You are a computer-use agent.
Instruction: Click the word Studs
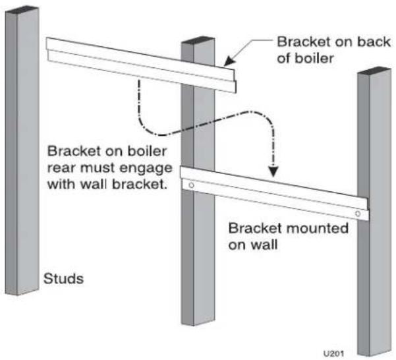[63, 279]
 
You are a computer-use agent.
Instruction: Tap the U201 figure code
[333, 353]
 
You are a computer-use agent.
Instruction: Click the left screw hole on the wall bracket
[192, 185]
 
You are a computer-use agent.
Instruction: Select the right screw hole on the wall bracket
[358, 214]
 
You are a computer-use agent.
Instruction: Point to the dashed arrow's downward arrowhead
[273, 171]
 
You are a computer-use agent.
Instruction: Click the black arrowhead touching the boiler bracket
[229, 61]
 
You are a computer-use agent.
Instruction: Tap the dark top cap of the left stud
[22, 10]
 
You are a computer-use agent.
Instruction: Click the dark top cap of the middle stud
[198, 41]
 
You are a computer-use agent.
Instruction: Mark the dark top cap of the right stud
[374, 71]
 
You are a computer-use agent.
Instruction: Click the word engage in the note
[146, 169]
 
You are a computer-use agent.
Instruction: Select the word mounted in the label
[318, 228]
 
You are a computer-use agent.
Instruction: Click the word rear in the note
[62, 169]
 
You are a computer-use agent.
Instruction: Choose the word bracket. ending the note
[140, 184]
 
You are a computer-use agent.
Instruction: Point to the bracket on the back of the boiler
[141, 65]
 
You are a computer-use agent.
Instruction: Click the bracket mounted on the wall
[274, 193]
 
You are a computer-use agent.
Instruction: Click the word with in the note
[62, 184]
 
